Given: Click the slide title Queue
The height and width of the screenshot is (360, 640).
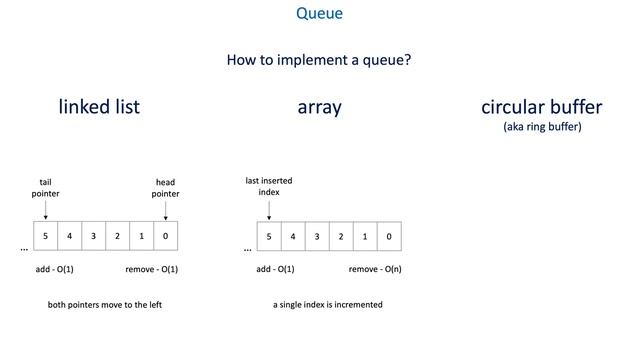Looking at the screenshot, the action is coord(319,15).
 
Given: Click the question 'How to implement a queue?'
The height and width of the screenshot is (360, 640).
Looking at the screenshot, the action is coord(319,60).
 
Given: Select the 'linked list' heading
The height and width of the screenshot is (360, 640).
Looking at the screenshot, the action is coord(99,107).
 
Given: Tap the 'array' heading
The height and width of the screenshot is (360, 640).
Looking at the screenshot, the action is coord(319,107).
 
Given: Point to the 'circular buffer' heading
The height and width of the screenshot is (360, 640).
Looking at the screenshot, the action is coord(542,107).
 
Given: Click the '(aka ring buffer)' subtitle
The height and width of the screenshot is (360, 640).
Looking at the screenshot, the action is coord(542,127).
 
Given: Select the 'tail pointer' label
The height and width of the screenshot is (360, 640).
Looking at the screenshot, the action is coord(45,187).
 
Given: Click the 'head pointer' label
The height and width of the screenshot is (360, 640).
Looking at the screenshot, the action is coord(166,187).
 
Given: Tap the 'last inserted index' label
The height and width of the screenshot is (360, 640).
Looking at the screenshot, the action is coord(269,186).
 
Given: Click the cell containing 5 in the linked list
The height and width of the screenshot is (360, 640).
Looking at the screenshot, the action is coord(45,236).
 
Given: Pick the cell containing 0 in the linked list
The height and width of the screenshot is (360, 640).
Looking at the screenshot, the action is coord(166,236).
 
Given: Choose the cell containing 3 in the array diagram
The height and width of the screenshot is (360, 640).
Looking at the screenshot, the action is coord(317,236).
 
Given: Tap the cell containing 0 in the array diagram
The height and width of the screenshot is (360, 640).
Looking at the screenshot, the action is coord(389,236).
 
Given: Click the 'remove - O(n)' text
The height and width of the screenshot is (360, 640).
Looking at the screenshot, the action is coord(375,270).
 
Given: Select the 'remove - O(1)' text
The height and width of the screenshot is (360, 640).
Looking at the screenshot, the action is coord(151,270).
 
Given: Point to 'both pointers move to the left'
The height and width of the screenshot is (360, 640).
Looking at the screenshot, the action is coord(105,305).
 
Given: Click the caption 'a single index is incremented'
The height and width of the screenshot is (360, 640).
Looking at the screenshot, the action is coord(328,305).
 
